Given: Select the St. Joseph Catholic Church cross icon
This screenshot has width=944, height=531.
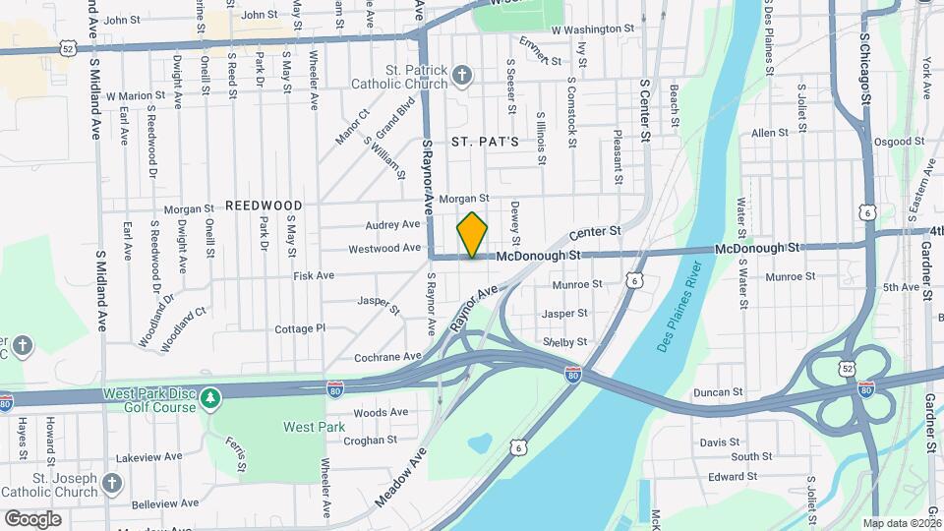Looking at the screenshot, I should [x=112, y=483].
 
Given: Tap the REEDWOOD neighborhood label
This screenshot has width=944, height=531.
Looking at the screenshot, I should [x=263, y=206].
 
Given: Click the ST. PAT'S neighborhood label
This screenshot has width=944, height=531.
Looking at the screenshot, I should [x=485, y=142].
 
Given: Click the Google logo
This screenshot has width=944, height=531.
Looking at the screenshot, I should [x=32, y=519].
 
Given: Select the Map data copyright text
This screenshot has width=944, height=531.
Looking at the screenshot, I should [x=903, y=523].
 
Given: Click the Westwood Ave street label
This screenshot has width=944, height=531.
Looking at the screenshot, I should [x=385, y=248].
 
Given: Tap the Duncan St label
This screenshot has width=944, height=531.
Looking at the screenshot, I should [x=718, y=392].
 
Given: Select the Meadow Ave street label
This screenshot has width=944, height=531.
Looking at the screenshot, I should [x=400, y=477].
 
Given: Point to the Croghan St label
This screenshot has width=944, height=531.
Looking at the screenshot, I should [x=370, y=441].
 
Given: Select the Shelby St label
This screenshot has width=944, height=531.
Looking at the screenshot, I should [x=564, y=342].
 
